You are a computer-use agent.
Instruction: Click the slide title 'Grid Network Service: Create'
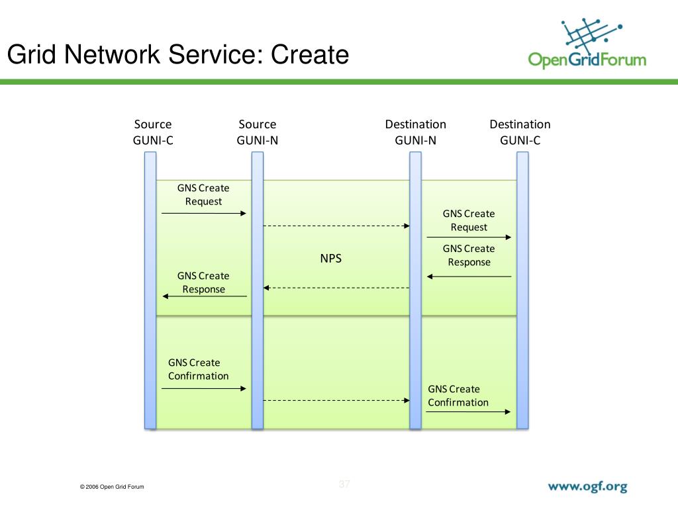177,54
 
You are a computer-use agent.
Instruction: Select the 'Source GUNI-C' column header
153,132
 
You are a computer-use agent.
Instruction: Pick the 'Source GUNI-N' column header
258,132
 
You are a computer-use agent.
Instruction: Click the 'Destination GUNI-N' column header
415,132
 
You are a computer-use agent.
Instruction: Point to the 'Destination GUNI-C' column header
520,132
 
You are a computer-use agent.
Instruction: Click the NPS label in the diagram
331,259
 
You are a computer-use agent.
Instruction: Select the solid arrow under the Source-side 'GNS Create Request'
204,213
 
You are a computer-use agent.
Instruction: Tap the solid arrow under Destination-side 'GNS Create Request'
469,237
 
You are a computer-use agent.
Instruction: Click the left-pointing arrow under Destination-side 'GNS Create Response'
469,276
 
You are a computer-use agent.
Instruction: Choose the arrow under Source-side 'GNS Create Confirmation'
204,389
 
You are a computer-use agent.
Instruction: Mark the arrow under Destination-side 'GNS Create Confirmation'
469,412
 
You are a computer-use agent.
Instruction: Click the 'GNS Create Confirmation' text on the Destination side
458,396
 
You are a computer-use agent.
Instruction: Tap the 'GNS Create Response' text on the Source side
203,282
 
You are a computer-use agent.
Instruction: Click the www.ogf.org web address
587,487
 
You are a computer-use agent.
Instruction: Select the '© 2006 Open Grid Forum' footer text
111,487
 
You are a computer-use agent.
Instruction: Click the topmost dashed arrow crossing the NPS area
336,226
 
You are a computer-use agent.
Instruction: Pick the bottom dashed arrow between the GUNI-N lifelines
336,400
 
